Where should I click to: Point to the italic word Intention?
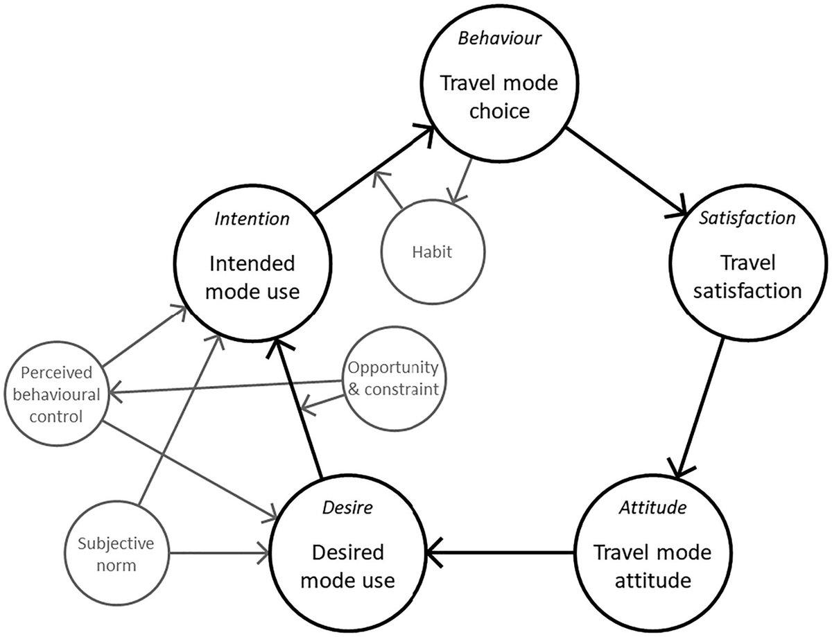point(252,220)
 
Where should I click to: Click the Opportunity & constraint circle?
point(393,378)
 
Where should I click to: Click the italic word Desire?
point(348,508)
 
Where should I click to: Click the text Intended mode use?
point(251,277)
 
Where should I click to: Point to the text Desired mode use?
point(348,566)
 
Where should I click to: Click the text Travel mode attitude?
point(652,566)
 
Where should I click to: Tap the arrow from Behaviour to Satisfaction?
point(624,171)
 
